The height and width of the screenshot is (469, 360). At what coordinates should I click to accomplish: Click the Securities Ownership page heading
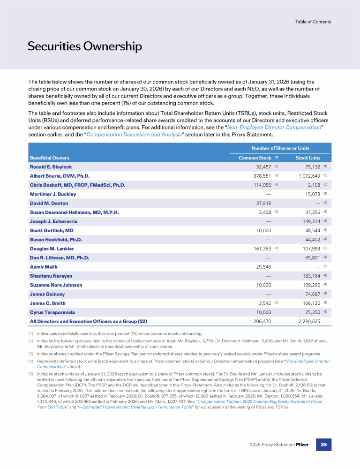pos(84,46)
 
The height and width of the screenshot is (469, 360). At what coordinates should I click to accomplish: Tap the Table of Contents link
pos(313,22)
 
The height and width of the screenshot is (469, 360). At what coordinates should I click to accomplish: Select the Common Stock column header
pos(255,158)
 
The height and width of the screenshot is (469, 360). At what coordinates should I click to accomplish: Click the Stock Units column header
pos(308,158)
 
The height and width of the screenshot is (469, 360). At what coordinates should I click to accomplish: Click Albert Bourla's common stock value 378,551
pos(262,176)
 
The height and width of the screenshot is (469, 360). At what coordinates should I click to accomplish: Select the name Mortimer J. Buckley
pos(53,194)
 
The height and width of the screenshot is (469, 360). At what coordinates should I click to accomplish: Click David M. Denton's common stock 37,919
pos(264,203)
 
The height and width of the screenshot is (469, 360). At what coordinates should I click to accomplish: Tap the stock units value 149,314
pos(309,221)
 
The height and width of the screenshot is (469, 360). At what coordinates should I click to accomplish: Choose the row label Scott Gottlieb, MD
pos(52,231)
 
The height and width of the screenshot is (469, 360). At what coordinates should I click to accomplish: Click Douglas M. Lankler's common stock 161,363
pos(262,249)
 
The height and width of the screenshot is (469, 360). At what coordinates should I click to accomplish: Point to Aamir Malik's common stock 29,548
pos(264,267)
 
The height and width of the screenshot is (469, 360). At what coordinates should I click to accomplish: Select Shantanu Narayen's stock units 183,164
pos(309,276)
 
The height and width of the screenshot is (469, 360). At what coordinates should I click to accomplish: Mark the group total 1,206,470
pos(260,322)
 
